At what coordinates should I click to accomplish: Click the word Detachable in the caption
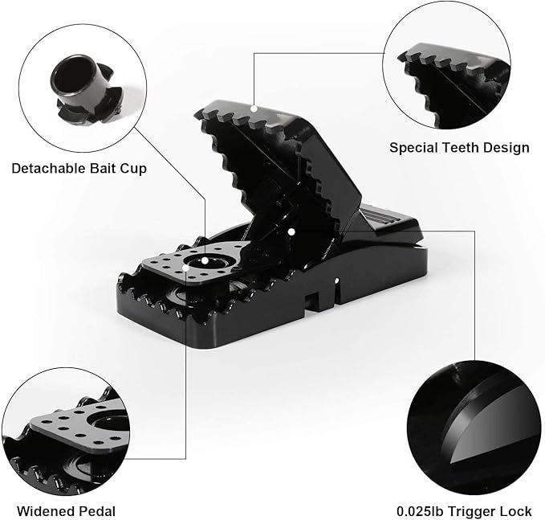coord(45,169)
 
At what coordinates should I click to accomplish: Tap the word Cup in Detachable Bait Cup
coord(134,169)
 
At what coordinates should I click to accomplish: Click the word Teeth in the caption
coord(460,147)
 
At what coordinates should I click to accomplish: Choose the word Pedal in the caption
coord(97,511)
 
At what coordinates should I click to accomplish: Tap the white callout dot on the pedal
coord(205,260)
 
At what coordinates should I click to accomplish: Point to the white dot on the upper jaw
coord(253,107)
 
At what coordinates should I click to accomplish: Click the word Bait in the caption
coord(98,169)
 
